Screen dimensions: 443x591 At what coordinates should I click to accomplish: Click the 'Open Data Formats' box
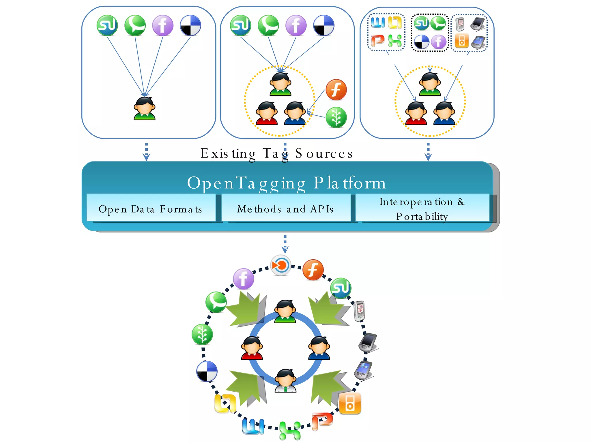[x=151, y=208]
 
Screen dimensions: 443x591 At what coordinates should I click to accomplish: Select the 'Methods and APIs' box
[x=286, y=208]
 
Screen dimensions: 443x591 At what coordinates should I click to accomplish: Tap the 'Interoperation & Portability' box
[x=422, y=208]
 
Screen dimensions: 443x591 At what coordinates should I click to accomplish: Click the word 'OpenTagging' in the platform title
[x=246, y=183]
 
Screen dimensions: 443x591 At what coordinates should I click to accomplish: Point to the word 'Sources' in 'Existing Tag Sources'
[x=324, y=153]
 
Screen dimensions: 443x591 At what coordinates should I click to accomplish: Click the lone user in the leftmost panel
[x=145, y=108]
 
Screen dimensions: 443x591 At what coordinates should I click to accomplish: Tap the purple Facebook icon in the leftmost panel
[x=163, y=25]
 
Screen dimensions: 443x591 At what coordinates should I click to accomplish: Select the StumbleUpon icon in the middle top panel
[x=241, y=25]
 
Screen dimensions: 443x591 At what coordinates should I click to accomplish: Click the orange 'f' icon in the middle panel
[x=336, y=90]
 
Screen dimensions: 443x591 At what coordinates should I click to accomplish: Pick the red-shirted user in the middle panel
[x=267, y=113]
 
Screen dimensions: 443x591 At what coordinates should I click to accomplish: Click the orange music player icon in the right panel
[x=461, y=41]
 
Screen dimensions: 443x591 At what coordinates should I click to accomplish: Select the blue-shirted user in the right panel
[x=444, y=113]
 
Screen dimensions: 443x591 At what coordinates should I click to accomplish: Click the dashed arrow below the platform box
[x=285, y=244]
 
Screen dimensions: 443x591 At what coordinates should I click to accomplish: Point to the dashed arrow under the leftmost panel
[x=147, y=151]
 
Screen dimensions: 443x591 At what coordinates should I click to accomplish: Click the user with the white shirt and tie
[x=285, y=381]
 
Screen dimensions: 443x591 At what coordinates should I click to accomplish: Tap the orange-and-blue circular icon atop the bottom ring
[x=280, y=265]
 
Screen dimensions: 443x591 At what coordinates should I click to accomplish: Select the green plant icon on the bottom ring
[x=202, y=335]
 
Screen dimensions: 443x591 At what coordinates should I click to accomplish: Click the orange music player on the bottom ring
[x=350, y=403]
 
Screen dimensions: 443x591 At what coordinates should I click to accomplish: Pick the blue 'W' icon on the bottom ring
[x=253, y=426]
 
